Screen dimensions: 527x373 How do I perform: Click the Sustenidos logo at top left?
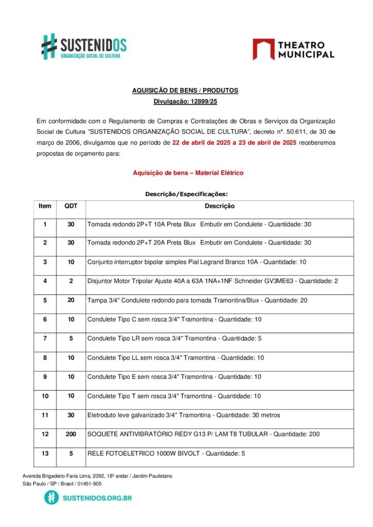(x=84, y=46)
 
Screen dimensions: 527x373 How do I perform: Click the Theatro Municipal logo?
(x=293, y=49)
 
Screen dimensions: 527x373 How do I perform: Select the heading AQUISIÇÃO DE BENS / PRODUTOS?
(x=185, y=90)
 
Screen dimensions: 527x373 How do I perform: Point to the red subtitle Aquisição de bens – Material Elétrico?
(x=188, y=173)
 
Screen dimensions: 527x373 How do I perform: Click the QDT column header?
(x=71, y=206)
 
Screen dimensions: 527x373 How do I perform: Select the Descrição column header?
(x=219, y=206)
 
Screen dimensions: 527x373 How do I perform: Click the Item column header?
(x=45, y=206)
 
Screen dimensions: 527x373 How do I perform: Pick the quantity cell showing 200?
(x=71, y=434)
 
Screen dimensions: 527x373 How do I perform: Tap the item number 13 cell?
(x=45, y=453)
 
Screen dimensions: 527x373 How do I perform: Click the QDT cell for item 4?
(x=71, y=281)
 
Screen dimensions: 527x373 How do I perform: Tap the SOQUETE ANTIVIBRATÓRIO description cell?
(x=203, y=434)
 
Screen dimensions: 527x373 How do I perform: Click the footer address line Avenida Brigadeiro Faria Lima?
(x=97, y=476)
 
